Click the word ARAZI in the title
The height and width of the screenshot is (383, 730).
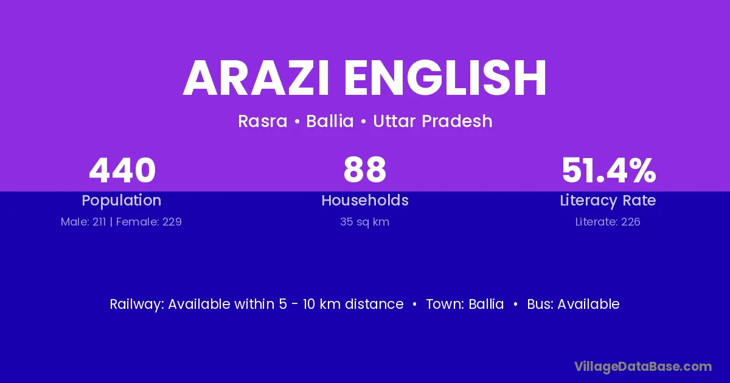coord(256,78)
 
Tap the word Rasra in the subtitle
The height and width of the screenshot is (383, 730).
coord(263,121)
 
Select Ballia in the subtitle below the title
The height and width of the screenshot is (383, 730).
coord(330,121)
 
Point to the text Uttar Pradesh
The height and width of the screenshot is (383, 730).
coord(433,121)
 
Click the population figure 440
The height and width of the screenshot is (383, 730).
coord(122,170)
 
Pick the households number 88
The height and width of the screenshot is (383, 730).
coord(364,170)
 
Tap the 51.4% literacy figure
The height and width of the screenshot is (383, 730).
coord(608,170)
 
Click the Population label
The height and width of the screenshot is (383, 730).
coord(122,201)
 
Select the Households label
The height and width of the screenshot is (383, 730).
coord(365,200)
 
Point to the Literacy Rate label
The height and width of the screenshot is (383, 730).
coord(608,201)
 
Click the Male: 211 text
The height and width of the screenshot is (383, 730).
coord(83,222)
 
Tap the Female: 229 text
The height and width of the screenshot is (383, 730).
coord(149,222)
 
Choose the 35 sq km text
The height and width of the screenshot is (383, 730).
coord(364,222)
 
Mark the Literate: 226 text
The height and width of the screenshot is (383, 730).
coord(608,222)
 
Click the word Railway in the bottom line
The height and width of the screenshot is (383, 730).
coord(137,304)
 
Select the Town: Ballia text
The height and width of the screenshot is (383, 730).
coord(465,304)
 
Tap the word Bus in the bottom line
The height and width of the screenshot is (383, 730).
coord(540,304)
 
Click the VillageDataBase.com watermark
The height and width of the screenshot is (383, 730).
coord(643,367)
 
